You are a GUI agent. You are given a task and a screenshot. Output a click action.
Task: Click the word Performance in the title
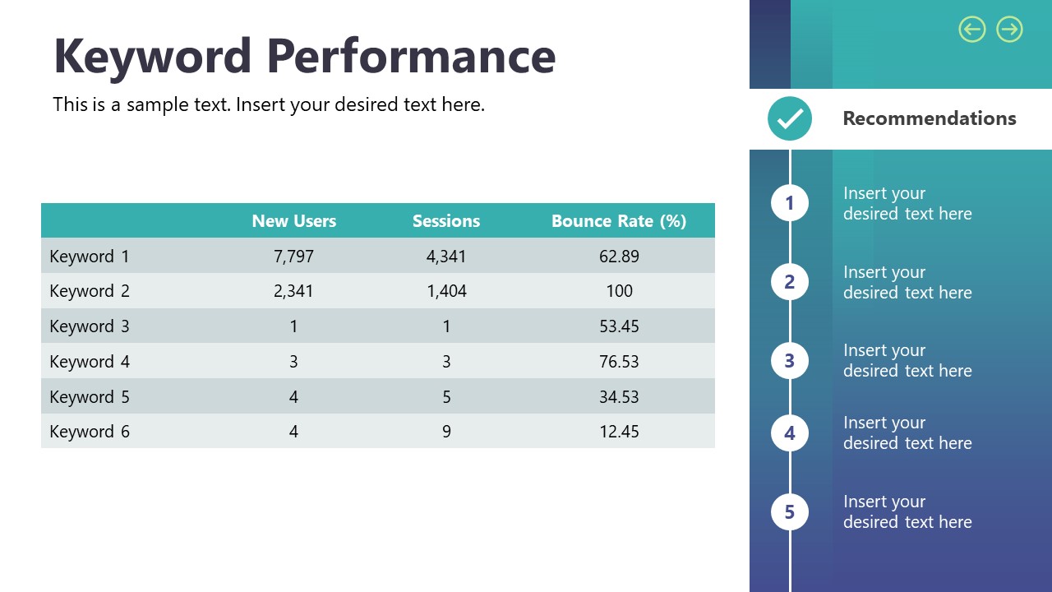coord(411,56)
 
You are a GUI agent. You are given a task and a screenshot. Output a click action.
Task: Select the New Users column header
coord(293,221)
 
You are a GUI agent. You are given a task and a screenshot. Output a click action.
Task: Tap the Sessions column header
coord(446,221)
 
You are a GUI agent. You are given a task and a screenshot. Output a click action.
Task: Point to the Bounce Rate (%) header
coord(619,221)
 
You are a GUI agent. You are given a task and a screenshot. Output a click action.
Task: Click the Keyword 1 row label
coord(90,257)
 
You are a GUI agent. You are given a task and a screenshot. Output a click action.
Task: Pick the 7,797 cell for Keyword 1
coord(293,257)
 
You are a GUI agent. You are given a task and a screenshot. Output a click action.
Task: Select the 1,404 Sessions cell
coord(446,291)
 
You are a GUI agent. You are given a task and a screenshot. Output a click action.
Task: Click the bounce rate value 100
coord(619,291)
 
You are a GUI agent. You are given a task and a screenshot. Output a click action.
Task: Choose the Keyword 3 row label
coord(90,326)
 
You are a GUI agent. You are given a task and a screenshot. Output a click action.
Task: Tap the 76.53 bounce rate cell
coord(619,362)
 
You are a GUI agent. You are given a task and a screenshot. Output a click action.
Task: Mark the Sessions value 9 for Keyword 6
coord(446,432)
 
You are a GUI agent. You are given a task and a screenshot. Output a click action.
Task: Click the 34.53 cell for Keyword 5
coord(619,397)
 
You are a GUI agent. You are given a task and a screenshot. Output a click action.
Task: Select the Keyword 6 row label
coord(90,432)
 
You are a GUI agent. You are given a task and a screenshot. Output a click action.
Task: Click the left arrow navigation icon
coord(972,30)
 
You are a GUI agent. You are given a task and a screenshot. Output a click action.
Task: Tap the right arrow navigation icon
coord(1009,30)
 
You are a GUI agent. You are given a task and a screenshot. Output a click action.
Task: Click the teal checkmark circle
coord(790,118)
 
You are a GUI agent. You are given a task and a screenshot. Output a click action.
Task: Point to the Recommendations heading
coord(930,118)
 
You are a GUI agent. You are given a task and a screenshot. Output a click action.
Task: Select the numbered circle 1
coord(790,203)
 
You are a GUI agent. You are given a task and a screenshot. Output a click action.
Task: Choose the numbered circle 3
coord(790,360)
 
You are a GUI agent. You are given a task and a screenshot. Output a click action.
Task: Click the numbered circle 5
coord(790,512)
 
